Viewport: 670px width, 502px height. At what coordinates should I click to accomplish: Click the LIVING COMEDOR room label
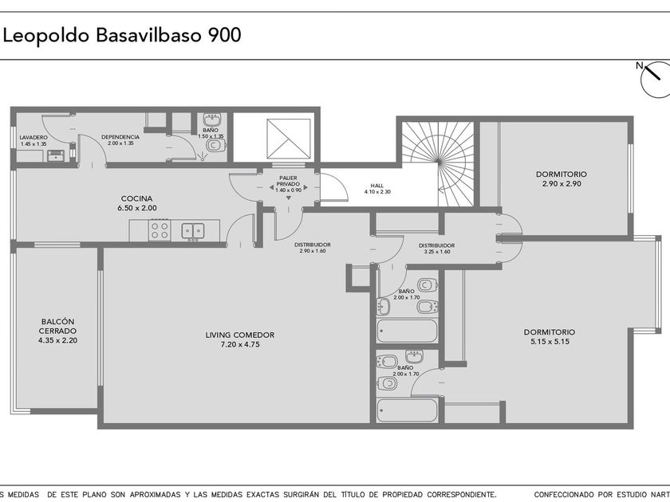pyautogui.click(x=240, y=335)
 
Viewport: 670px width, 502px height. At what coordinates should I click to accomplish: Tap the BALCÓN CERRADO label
pyautogui.click(x=57, y=326)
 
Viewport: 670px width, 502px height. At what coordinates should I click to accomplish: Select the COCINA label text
pyautogui.click(x=136, y=198)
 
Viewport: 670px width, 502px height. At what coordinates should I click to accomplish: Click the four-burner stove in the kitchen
pyautogui.click(x=160, y=230)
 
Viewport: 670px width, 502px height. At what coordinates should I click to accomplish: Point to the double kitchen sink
pyautogui.click(x=193, y=231)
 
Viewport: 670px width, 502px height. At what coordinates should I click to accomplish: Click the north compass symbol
pyautogui.click(x=656, y=79)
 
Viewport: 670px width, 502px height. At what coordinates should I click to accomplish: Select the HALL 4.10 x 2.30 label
pyautogui.click(x=377, y=189)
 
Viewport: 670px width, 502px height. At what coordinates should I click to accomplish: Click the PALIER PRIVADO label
pyautogui.click(x=289, y=181)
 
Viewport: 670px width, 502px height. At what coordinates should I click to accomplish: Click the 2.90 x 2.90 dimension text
pyautogui.click(x=562, y=183)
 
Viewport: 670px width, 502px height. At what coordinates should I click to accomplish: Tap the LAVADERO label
pyautogui.click(x=33, y=137)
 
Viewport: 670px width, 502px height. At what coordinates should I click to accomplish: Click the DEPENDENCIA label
pyautogui.click(x=120, y=137)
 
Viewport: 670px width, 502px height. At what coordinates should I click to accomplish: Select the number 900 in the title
pyautogui.click(x=225, y=35)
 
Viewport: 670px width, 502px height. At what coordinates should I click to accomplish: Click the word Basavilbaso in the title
pyautogui.click(x=148, y=35)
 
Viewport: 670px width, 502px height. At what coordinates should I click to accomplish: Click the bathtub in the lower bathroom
pyautogui.click(x=408, y=410)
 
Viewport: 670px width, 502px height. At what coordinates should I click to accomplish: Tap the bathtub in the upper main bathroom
pyautogui.click(x=408, y=331)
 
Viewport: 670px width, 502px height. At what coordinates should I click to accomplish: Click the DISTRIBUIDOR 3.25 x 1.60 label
pyautogui.click(x=437, y=249)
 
